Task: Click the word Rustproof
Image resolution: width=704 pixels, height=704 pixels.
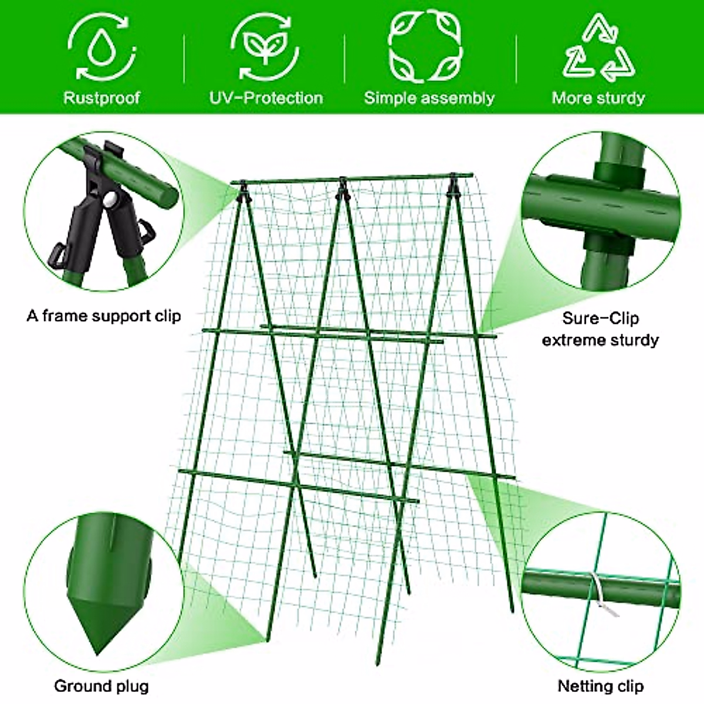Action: coord(101,97)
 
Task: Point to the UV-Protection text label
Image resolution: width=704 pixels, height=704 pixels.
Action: coord(266,97)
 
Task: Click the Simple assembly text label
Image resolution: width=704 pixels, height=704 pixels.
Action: coord(429,97)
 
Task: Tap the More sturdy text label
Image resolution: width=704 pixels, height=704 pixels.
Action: coord(598,97)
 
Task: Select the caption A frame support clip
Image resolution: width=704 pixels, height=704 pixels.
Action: coord(104,316)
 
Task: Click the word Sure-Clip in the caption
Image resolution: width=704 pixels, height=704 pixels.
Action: coord(600,319)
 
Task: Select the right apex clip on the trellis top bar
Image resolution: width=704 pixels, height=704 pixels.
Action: coord(452,184)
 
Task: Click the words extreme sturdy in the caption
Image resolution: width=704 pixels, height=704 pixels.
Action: coord(600,340)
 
